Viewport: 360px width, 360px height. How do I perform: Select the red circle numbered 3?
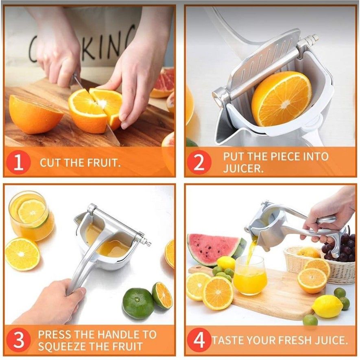[x=18, y=340]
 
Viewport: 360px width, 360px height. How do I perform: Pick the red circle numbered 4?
[x=199, y=340]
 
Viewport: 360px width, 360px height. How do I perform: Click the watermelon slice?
[x=212, y=249]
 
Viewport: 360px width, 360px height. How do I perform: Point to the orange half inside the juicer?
[x=281, y=99]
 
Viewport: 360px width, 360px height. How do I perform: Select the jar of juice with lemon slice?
[x=31, y=216]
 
